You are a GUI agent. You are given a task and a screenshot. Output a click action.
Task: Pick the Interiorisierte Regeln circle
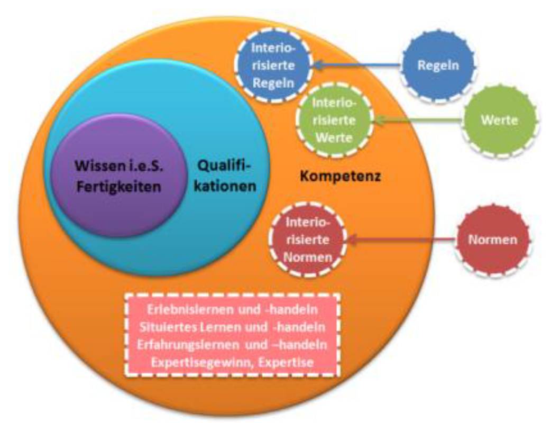[273, 66]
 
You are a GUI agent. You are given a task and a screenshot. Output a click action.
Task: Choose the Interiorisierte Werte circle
[334, 120]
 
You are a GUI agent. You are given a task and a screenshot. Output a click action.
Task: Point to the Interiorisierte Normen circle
[307, 240]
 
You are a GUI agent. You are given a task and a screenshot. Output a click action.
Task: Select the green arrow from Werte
[418, 121]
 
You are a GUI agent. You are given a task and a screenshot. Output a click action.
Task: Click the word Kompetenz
[341, 176]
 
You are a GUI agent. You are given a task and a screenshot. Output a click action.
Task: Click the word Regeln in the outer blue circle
[437, 66]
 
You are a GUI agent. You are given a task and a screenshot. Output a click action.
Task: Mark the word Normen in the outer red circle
[492, 240]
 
